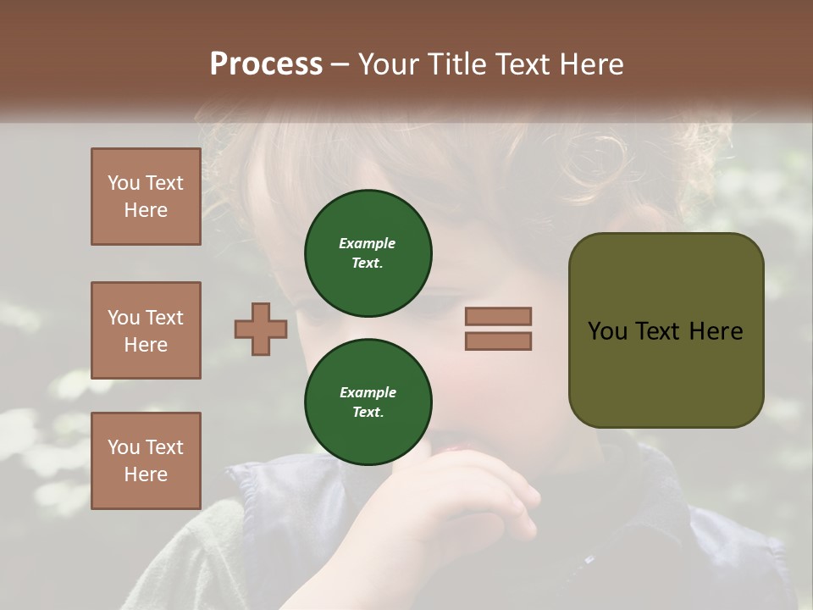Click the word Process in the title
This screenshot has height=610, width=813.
tap(266, 64)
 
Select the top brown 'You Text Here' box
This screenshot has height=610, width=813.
tap(146, 197)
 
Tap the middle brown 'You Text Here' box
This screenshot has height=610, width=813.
tap(146, 330)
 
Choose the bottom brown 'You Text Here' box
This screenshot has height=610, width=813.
tap(146, 461)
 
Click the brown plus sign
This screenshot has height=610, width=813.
tap(261, 329)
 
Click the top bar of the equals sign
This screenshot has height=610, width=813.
tap(498, 316)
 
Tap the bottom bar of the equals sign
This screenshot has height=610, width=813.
tap(498, 341)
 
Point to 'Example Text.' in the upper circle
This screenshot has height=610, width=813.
tap(368, 253)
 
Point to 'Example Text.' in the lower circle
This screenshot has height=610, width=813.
tap(368, 402)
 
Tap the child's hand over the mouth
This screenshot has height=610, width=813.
tap(474, 491)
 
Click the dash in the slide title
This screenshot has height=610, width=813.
tap(340, 65)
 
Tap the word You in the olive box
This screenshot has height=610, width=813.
tap(608, 331)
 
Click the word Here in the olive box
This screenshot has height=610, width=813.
tap(716, 331)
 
